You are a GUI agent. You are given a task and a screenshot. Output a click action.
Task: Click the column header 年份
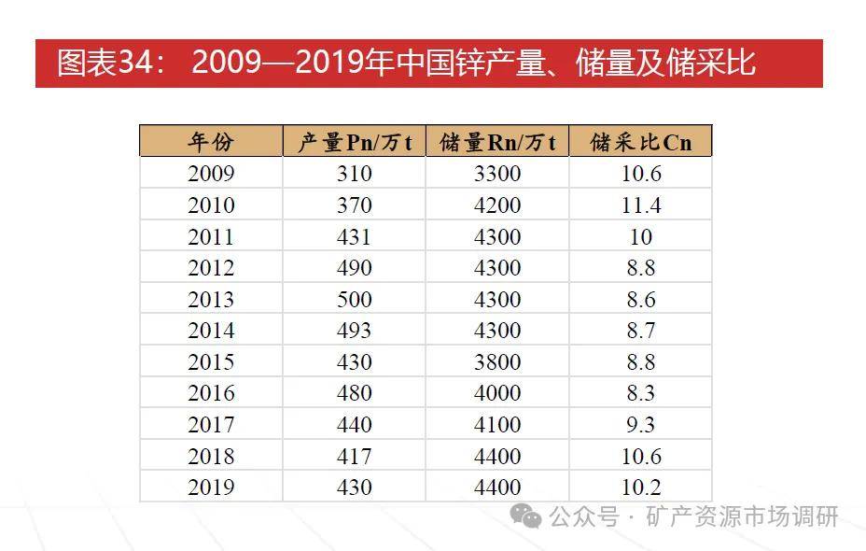(x=211, y=142)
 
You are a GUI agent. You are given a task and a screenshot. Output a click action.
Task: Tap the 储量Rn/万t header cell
(x=497, y=142)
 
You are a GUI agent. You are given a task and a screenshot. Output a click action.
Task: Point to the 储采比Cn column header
(x=641, y=142)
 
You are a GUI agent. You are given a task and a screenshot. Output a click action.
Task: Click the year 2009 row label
(x=211, y=174)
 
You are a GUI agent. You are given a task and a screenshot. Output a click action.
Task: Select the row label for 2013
(x=211, y=300)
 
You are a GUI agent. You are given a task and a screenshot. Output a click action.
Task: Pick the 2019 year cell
(x=211, y=487)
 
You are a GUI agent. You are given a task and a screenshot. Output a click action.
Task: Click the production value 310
(x=355, y=174)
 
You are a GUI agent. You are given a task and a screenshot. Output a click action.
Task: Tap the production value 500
(x=355, y=300)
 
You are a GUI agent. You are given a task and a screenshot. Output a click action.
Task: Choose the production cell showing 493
(x=355, y=331)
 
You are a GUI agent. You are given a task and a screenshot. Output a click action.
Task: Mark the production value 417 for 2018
(x=355, y=457)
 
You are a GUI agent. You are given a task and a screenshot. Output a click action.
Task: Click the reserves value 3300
(x=497, y=174)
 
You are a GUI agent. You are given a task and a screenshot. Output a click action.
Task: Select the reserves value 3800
(x=497, y=362)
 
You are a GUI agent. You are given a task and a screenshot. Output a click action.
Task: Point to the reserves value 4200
(x=497, y=205)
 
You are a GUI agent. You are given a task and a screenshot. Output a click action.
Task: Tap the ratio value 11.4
(x=641, y=205)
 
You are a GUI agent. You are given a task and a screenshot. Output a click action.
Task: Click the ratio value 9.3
(x=641, y=425)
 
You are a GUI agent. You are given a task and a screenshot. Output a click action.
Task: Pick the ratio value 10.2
(x=641, y=487)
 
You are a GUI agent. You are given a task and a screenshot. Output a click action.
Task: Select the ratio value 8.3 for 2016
(x=641, y=393)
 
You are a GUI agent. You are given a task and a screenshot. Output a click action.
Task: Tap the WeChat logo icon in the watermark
(x=528, y=516)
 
